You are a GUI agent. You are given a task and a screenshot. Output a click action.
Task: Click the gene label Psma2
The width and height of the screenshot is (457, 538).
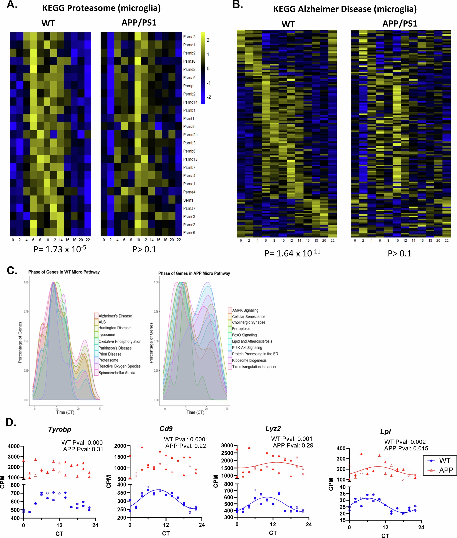tap(189, 37)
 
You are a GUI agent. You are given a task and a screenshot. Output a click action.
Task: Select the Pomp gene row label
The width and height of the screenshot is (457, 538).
tap(188, 86)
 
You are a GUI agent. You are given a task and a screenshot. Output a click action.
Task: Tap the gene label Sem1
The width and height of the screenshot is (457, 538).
tap(188, 200)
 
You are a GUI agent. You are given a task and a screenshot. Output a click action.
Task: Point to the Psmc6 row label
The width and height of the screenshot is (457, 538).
tap(189, 233)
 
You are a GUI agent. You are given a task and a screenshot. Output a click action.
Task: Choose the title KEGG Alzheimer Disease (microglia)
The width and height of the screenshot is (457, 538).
tap(345, 9)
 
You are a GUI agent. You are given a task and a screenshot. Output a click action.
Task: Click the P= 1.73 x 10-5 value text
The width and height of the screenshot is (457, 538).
tap(60, 249)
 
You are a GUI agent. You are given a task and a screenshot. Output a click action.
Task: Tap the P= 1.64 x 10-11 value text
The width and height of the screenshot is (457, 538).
tap(292, 253)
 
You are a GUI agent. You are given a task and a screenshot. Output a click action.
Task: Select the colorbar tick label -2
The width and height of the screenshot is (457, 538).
tap(209, 97)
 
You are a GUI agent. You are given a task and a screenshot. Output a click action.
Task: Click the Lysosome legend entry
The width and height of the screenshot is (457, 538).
tap(106, 334)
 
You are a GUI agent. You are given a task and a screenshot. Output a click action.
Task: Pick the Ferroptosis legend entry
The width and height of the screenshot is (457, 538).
tap(241, 329)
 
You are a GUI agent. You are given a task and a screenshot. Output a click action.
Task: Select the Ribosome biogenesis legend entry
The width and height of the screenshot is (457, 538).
tap(249, 360)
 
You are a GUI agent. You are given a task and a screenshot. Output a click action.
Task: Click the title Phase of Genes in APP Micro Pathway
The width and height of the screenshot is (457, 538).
tap(194, 273)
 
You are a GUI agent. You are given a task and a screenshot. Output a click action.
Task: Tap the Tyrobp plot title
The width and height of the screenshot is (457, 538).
tap(60, 429)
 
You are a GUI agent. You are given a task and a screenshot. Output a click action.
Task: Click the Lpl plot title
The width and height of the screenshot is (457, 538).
tap(386, 431)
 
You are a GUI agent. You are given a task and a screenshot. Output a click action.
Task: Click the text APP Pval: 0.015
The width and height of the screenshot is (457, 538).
tap(406, 448)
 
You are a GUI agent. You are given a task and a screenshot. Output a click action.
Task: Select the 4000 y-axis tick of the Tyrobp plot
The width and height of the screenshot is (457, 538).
tap(13, 446)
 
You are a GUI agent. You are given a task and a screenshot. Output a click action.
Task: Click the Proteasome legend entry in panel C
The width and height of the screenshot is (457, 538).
tap(108, 360)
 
